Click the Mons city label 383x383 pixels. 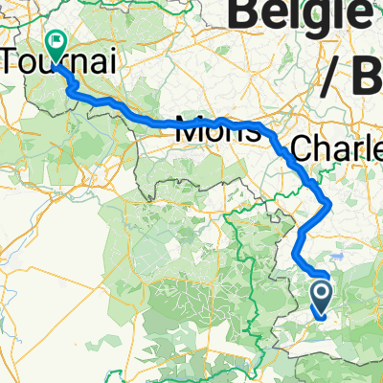click(x=217, y=133)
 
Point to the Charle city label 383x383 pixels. click(x=336, y=149)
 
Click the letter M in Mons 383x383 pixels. click(x=188, y=133)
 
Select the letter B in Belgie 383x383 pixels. click(x=250, y=14)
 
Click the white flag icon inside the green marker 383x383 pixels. click(x=55, y=41)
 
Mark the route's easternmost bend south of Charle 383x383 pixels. click(x=329, y=203)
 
